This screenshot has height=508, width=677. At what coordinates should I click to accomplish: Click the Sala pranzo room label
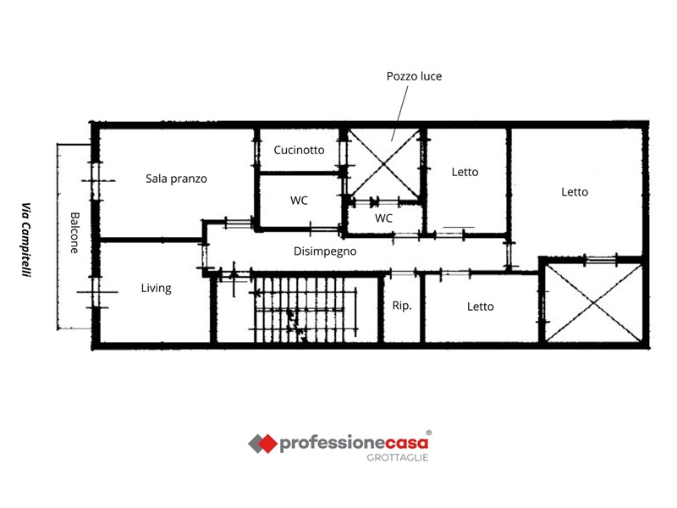coord(176,179)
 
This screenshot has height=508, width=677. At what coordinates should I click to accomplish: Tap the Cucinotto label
coord(299,150)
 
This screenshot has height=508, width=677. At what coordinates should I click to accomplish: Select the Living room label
coord(156,288)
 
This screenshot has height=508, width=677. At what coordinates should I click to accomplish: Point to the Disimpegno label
coord(325,251)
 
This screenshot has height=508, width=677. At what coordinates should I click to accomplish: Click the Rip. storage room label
coord(402,306)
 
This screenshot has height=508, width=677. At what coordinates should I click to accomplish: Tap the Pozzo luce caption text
coord(414,76)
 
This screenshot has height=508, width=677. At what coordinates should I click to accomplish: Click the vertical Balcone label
coord(74,232)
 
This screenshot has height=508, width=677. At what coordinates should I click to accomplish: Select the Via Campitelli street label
coord(27,240)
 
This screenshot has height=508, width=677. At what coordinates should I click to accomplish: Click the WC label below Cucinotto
coord(299,201)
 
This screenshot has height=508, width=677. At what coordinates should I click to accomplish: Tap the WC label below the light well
coord(383,218)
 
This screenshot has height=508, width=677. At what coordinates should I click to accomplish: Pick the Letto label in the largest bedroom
coord(575,192)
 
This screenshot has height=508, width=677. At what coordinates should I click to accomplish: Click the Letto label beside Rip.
coord(480,306)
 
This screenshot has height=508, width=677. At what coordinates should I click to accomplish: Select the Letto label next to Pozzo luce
coord(465,172)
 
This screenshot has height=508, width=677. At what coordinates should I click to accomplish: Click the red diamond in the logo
coord(267,444)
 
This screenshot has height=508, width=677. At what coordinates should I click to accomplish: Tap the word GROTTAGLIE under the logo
coord(398,457)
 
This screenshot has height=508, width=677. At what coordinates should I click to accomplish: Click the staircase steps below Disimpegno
coord(305,309)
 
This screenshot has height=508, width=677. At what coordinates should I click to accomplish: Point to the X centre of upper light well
coord(384,163)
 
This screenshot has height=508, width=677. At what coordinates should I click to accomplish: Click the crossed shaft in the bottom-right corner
coord(594,303)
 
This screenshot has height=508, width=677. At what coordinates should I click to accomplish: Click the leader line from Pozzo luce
coord(399,113)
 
